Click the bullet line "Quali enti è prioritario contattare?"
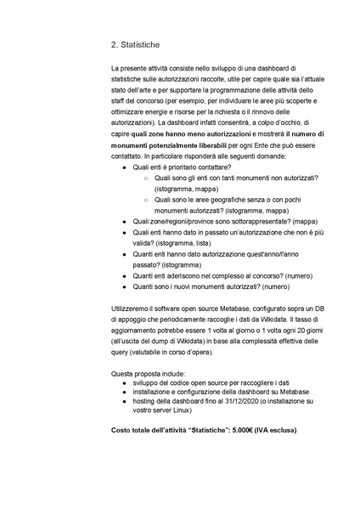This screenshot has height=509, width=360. click(x=182, y=167)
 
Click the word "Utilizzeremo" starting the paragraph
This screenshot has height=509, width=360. click(x=132, y=306)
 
